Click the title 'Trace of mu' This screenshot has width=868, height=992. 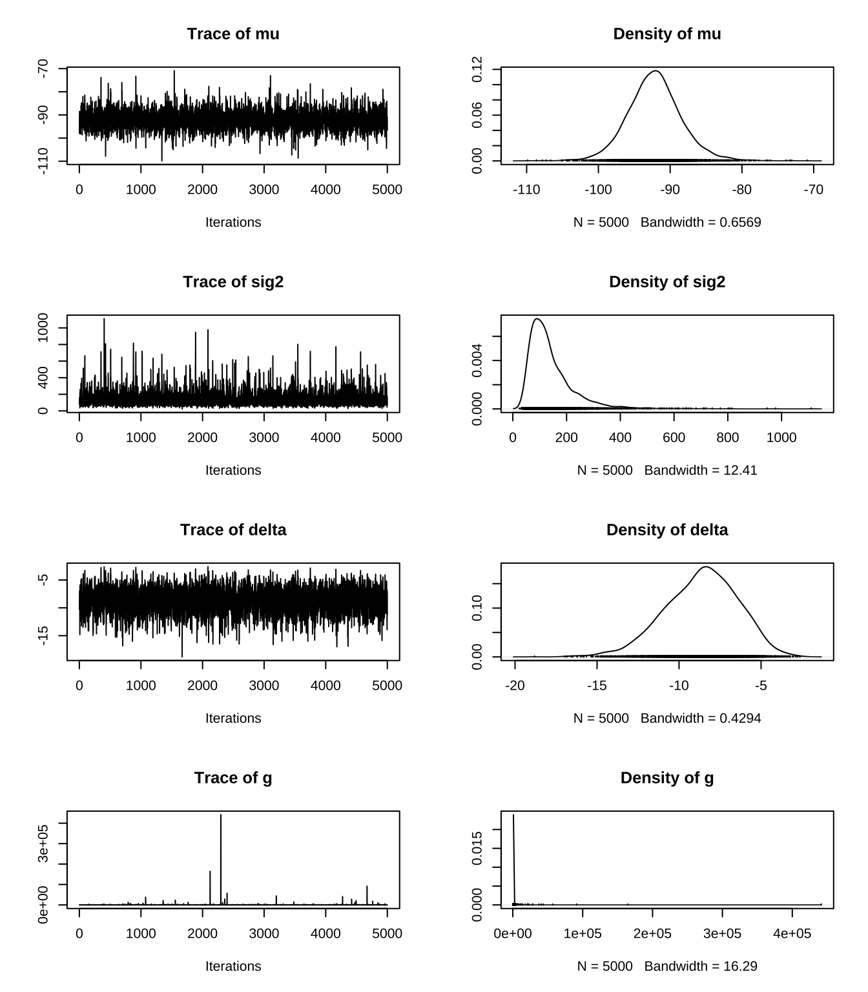coord(233,34)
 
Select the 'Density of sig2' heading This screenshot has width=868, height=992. coord(667,282)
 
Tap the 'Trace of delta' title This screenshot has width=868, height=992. coord(233,530)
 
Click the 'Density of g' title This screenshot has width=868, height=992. coord(667,778)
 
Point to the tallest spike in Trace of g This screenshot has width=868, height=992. coord(221,816)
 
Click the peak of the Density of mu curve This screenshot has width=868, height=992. coord(656,71)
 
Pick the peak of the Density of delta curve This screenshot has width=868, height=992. coord(705,567)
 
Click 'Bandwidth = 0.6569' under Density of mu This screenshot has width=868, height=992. coord(701,222)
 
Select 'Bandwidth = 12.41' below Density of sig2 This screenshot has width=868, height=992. coord(701,470)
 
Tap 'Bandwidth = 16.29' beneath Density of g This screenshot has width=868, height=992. coord(701,966)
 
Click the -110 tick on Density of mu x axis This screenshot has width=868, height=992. coord(526,189)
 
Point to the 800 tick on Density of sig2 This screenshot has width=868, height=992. coord(728,437)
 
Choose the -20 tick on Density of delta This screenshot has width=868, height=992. coord(515,685)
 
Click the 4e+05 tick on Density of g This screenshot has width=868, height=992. coord(792,933)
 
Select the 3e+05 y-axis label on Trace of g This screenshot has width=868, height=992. coord(43,844)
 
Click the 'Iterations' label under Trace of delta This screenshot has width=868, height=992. coord(233,718)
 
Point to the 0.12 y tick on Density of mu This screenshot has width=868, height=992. coord(477,69)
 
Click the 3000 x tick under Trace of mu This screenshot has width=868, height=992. coord(264,189)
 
